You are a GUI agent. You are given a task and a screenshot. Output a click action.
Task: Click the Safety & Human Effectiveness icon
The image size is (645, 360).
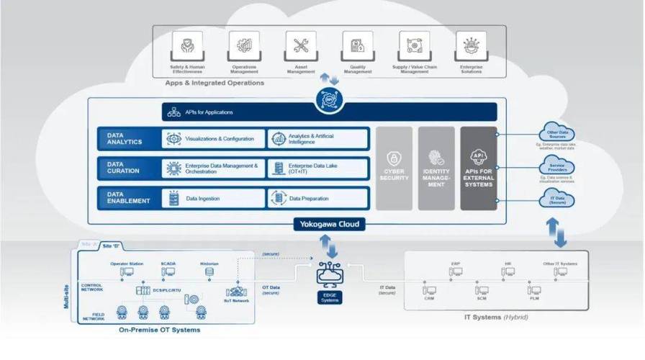pos(186,47)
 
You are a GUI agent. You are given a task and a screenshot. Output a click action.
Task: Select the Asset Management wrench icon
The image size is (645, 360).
pos(301,47)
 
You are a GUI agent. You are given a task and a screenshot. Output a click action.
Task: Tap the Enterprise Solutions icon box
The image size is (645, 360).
pos(472,47)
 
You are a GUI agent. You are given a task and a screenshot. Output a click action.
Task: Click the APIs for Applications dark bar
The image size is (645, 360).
pos(329,112)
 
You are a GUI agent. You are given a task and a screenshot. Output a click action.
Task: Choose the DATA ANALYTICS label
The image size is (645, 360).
pos(128,138)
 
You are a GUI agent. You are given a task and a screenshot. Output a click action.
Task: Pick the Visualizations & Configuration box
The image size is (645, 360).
pos(213,138)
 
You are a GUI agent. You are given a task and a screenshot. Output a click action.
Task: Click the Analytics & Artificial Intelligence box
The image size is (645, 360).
pos(318,138)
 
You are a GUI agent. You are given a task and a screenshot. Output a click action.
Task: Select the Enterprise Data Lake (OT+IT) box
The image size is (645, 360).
pos(318,168)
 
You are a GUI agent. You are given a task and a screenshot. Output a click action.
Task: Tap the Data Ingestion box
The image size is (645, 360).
pos(213,198)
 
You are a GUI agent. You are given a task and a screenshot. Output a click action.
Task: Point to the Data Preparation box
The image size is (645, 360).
pos(318,198)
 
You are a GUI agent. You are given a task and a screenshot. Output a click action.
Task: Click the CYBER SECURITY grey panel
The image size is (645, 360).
pos(394,168)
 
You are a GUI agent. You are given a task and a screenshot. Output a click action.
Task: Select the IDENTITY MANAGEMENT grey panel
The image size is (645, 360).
pos(436,168)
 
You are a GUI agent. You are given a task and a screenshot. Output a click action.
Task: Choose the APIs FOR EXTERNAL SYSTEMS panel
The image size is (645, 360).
pos(479,168)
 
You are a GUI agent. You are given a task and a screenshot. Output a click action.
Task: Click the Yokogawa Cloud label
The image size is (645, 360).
pos(329,225)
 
